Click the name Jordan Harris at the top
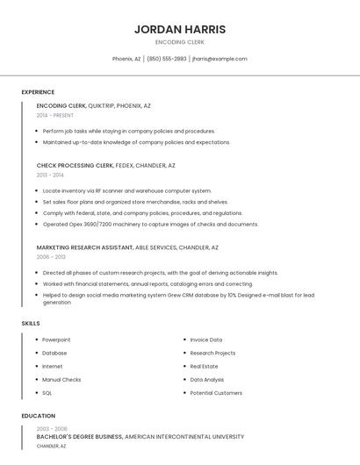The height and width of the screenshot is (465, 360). [x=179, y=29]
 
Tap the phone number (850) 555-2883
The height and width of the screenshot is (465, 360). [x=167, y=59]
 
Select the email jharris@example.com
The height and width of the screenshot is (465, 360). [x=220, y=59]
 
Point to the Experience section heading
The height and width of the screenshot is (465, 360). [x=38, y=92]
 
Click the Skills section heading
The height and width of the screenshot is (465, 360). [x=31, y=324]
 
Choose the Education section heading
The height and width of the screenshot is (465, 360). [x=38, y=416]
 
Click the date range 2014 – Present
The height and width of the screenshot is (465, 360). [x=55, y=115]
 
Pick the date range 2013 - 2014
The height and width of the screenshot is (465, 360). [x=50, y=175]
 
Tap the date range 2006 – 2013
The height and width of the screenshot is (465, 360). [x=51, y=257]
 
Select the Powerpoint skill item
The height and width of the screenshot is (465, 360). [x=56, y=340]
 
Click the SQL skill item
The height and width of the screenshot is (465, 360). [x=47, y=393]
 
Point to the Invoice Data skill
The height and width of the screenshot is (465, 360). [x=206, y=340]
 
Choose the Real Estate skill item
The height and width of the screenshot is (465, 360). [x=204, y=366]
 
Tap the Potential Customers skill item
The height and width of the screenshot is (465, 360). [x=216, y=393]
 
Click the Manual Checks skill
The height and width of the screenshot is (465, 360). [x=61, y=380]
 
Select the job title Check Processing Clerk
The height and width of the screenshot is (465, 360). [x=76, y=165]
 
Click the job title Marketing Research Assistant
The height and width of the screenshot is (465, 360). [x=85, y=247]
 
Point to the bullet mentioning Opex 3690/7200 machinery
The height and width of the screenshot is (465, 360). [x=150, y=224]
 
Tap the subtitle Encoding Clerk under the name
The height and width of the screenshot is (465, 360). [x=179, y=42]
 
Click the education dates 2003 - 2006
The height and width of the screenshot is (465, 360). [x=52, y=428]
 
